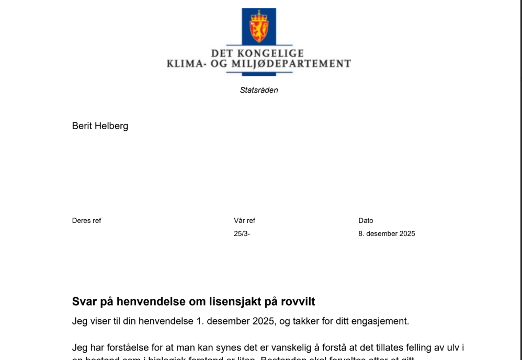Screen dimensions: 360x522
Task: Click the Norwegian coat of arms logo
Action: tap(258, 26)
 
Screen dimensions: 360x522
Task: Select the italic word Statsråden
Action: tap(259, 90)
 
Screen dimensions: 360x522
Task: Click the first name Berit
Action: tap(82, 126)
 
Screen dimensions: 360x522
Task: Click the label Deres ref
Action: tap(86, 220)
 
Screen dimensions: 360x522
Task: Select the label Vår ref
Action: tap(244, 220)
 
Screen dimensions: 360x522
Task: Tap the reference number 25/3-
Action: tap(242, 233)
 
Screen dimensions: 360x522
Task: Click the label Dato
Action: tap(366, 220)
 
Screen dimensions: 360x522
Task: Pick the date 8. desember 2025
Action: tap(387, 233)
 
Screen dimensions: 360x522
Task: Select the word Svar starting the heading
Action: tap(84, 302)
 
